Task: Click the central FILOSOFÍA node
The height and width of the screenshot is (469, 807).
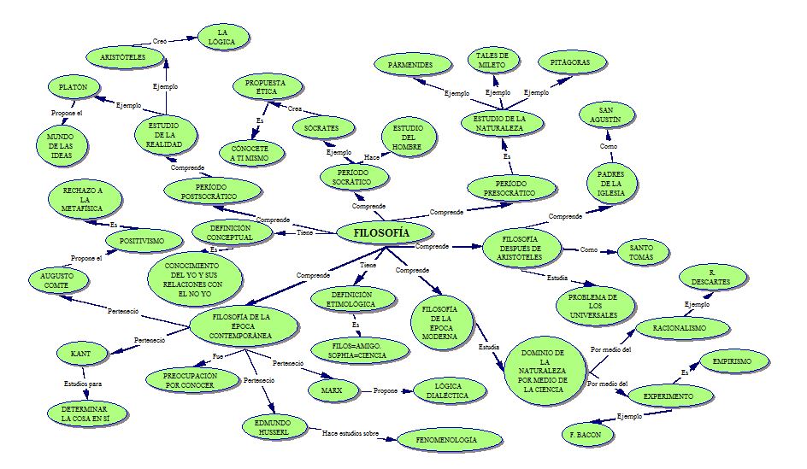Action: click(x=381, y=232)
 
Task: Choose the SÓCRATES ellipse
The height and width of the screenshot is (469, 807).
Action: click(x=315, y=128)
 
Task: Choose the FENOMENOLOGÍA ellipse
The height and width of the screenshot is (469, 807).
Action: click(x=447, y=439)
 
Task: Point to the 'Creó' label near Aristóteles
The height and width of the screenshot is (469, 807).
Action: click(x=159, y=40)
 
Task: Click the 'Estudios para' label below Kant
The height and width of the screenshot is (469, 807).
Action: click(x=82, y=384)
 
